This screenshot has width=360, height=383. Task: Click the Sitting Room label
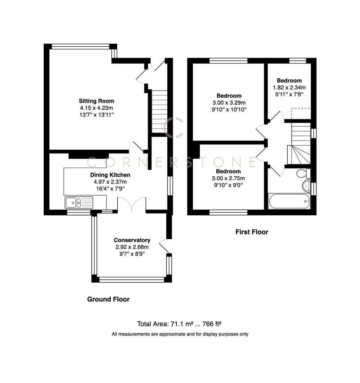(96, 101)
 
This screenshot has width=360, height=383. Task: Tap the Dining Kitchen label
(110, 175)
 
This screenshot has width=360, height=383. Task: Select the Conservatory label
(132, 240)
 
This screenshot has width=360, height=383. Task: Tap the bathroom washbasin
(305, 186)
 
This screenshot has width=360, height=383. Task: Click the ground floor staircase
(159, 111)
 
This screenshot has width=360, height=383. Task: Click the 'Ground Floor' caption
(108, 299)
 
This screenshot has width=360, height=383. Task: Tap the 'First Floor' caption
(252, 232)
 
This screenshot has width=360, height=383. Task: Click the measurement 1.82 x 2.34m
(289, 87)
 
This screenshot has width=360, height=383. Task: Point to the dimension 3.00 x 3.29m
(229, 102)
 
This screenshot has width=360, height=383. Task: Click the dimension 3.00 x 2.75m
(229, 178)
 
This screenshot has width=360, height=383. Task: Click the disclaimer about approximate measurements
(180, 334)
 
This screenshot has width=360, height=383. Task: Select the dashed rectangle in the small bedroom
(300, 113)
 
